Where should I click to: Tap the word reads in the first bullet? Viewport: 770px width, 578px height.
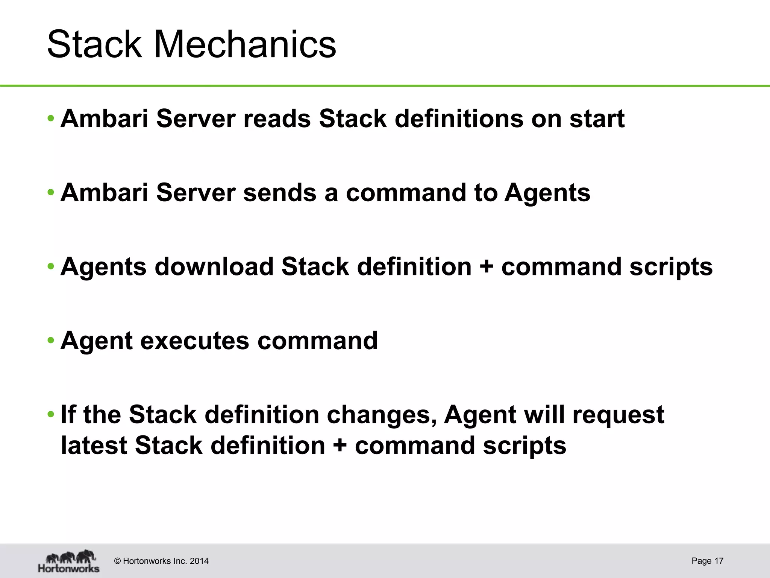click(x=277, y=119)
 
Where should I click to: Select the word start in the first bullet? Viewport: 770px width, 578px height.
click(x=597, y=119)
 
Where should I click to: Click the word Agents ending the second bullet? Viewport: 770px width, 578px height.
click(x=547, y=193)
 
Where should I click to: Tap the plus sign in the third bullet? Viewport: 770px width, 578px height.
click(x=487, y=267)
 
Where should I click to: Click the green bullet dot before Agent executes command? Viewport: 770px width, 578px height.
click(x=51, y=341)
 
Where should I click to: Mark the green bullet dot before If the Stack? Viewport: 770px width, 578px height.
click(x=51, y=415)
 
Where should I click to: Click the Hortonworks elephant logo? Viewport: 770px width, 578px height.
click(x=69, y=561)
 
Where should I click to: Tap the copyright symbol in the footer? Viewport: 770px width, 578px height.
click(x=117, y=561)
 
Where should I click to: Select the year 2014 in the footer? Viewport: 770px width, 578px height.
click(x=199, y=561)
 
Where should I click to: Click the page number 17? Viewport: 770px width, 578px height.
click(x=718, y=561)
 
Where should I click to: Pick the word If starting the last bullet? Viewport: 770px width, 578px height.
click(x=68, y=415)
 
